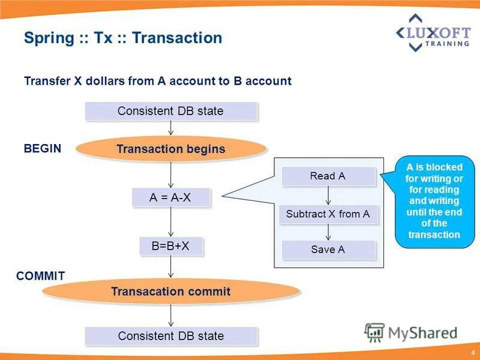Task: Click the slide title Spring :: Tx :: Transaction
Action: point(123,38)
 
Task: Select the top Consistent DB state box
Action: point(170,111)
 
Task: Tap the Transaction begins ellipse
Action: point(171,149)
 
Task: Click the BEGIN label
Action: point(42,149)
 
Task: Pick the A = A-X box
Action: point(170,197)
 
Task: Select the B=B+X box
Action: point(170,246)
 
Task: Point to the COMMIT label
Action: point(40,276)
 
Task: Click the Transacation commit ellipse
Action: point(171,292)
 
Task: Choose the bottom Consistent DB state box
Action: point(170,336)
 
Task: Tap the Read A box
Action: point(328,176)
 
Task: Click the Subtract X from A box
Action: point(328,214)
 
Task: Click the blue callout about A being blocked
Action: point(433,202)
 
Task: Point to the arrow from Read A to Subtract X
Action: point(328,195)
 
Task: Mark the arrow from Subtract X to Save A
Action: point(328,232)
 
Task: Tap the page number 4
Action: point(473,352)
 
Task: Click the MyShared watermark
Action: point(412,332)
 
